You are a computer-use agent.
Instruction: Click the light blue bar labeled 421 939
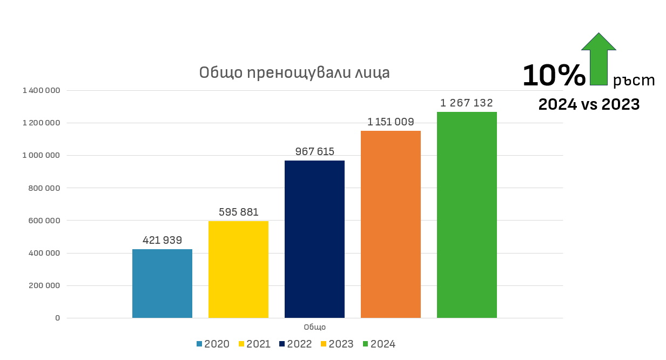162,283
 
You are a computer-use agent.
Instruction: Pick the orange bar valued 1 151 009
391,224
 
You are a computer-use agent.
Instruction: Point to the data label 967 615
314,151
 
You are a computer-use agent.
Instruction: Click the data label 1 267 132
467,103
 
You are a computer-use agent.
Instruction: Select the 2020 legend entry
213,344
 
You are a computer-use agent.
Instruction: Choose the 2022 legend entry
296,344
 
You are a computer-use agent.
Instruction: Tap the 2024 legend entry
379,344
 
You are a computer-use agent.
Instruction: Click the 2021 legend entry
254,344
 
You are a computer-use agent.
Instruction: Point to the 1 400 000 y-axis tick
41,91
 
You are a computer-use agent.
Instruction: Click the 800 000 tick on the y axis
44,188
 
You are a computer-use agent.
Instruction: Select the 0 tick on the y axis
57,318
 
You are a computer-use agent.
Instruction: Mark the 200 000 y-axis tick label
44,285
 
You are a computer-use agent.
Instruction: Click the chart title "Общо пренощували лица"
294,72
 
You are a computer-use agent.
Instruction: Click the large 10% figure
554,76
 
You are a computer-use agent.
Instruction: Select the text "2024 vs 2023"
589,104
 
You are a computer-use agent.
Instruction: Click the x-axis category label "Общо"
314,327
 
